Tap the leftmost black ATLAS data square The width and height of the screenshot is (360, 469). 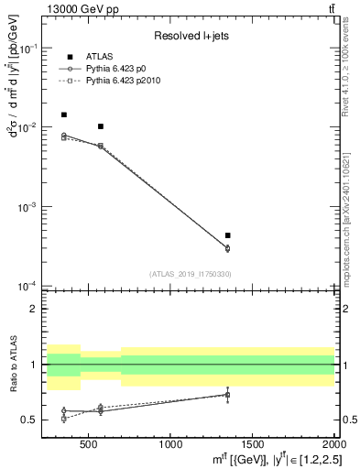point(63,115)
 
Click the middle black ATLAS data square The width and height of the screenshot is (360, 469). point(100,126)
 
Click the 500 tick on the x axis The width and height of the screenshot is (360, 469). point(88,444)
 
